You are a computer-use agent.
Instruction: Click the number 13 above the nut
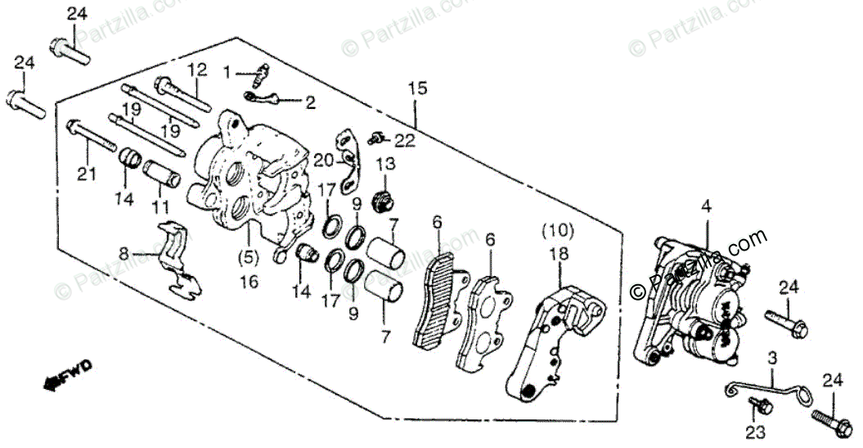385,164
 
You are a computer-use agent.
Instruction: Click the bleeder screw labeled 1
258,76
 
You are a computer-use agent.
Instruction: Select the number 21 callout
87,174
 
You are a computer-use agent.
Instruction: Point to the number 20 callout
323,159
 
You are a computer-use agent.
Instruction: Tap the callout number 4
707,207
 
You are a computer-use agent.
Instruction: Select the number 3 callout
771,358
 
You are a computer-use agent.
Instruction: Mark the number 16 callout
249,281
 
